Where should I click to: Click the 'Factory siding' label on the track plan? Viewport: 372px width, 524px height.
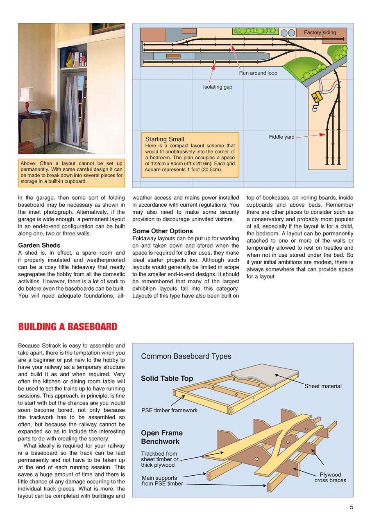tap(320, 32)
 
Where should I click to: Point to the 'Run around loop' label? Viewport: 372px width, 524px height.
tap(258, 73)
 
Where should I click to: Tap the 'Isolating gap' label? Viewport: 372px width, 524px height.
tap(218, 87)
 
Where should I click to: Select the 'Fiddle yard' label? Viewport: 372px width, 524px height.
tap(281, 137)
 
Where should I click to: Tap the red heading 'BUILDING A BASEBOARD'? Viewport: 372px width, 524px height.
tap(68, 327)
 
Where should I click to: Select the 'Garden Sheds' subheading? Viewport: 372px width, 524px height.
tap(39, 246)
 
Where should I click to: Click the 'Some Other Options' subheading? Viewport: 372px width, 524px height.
tap(162, 231)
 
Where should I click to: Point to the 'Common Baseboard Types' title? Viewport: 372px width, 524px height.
tap(186, 356)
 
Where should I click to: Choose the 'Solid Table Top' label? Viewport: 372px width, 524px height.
tap(167, 378)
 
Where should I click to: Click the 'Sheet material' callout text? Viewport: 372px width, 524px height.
tap(323, 386)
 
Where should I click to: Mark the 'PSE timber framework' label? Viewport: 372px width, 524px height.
tap(169, 410)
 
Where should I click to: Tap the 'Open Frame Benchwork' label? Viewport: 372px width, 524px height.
tap(162, 437)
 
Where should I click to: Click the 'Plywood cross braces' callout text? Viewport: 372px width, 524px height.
tap(330, 477)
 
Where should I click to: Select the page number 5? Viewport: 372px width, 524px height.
tap(352, 507)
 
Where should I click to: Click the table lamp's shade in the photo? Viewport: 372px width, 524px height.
tap(27, 94)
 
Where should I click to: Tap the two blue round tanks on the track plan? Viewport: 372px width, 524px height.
tap(288, 33)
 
